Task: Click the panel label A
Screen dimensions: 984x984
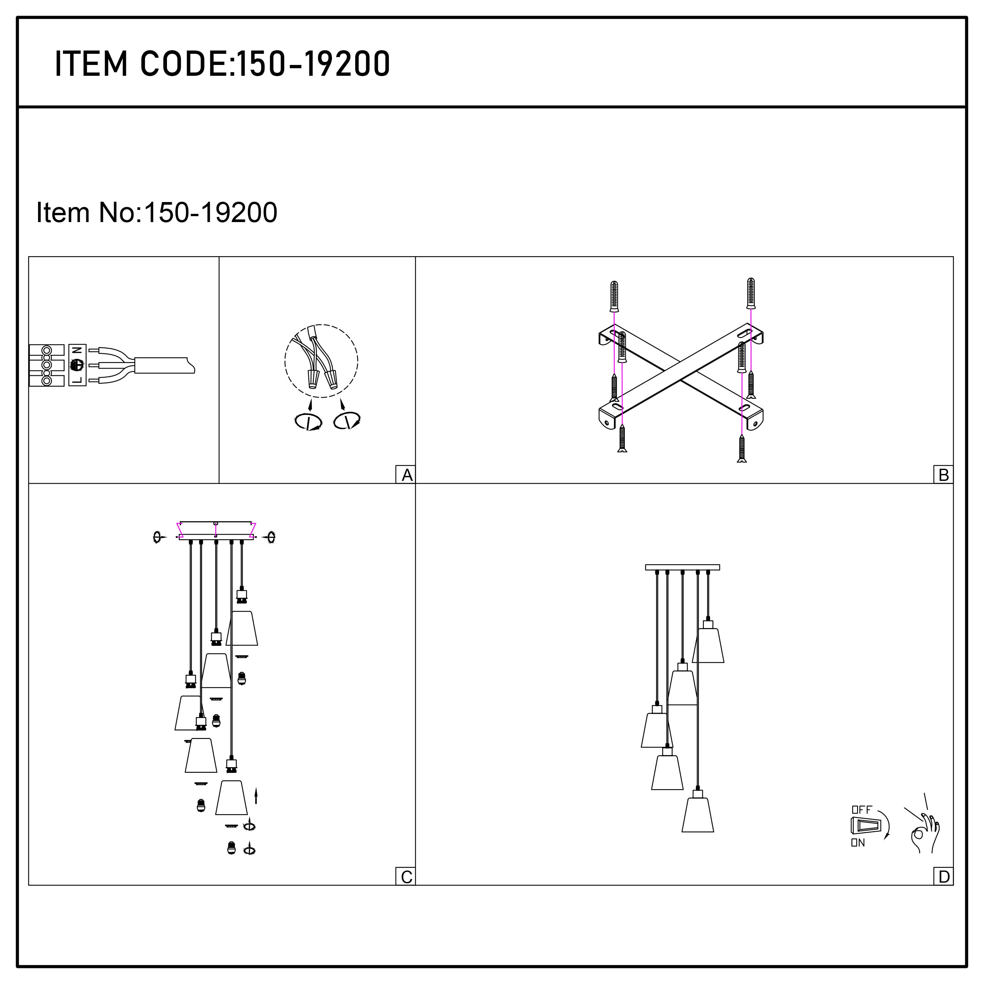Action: [x=406, y=475]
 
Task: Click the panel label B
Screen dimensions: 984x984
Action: [x=943, y=475]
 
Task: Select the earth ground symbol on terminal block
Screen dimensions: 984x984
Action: [x=76, y=365]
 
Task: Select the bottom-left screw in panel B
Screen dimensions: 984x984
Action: [x=622, y=439]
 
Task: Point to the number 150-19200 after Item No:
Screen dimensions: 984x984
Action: [x=211, y=213]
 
